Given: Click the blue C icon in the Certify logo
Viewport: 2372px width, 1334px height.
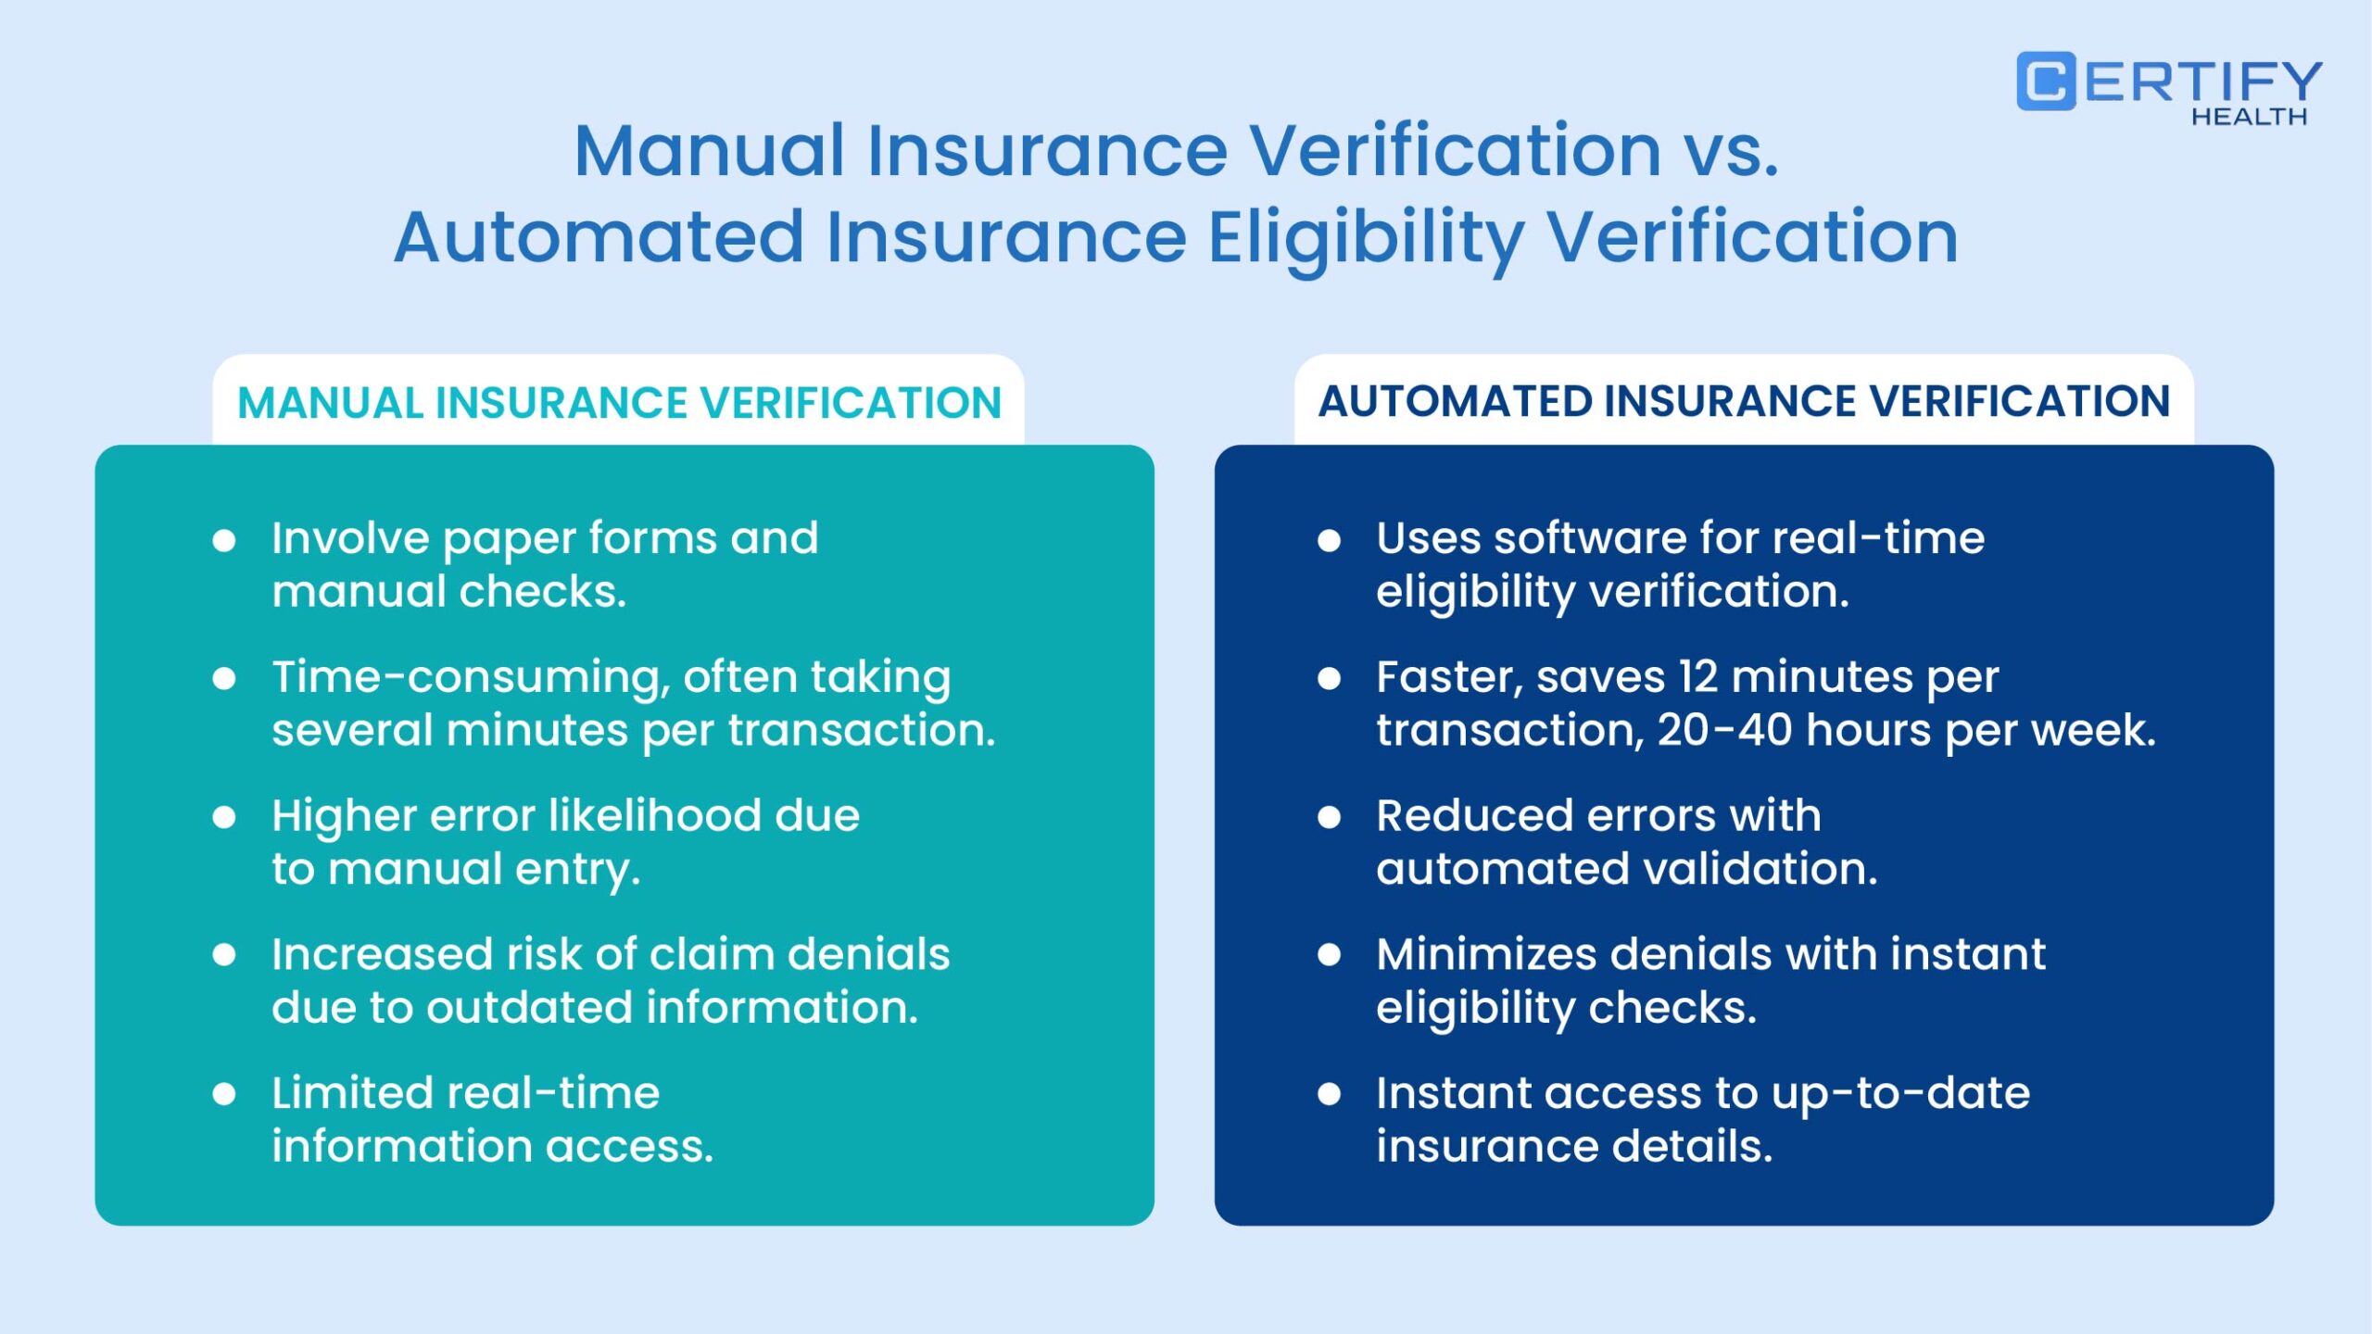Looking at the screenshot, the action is pyautogui.click(x=2046, y=82).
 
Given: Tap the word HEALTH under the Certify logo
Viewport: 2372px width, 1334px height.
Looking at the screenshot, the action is pyautogui.click(x=2249, y=117).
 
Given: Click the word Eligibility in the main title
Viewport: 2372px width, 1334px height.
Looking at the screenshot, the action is pyautogui.click(x=1367, y=239).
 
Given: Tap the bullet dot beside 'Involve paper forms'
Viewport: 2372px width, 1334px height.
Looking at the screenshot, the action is pyautogui.click(x=224, y=540).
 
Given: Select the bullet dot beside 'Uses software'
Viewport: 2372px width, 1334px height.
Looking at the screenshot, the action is pyautogui.click(x=1330, y=540).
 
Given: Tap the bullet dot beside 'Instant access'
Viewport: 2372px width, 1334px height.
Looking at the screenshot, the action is pyautogui.click(x=1330, y=1094).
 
